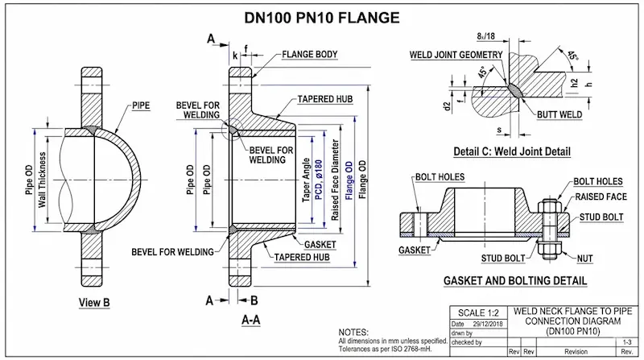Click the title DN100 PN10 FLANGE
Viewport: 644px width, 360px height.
321,16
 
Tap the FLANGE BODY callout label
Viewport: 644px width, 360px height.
310,56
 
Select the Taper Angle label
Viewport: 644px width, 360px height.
307,179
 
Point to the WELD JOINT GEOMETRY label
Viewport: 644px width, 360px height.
456,55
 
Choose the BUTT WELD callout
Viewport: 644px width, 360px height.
559,115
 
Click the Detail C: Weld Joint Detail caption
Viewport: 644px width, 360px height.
511,151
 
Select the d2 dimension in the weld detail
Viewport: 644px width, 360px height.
448,105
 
